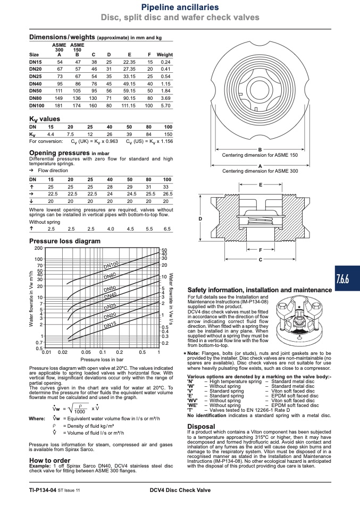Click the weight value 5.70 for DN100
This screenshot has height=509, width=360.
(x=165, y=106)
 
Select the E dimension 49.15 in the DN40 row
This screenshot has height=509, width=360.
(x=129, y=84)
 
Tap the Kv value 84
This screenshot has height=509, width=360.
(x=148, y=134)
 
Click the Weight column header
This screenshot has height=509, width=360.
(x=165, y=55)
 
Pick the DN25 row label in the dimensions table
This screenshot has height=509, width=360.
(x=36, y=77)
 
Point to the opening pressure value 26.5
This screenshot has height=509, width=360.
(x=168, y=194)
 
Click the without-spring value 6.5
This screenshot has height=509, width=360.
(x=167, y=229)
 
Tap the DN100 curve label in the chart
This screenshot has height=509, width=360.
(x=111, y=265)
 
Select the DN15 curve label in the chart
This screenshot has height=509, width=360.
(x=110, y=325)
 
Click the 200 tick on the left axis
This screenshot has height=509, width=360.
(x=38, y=248)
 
